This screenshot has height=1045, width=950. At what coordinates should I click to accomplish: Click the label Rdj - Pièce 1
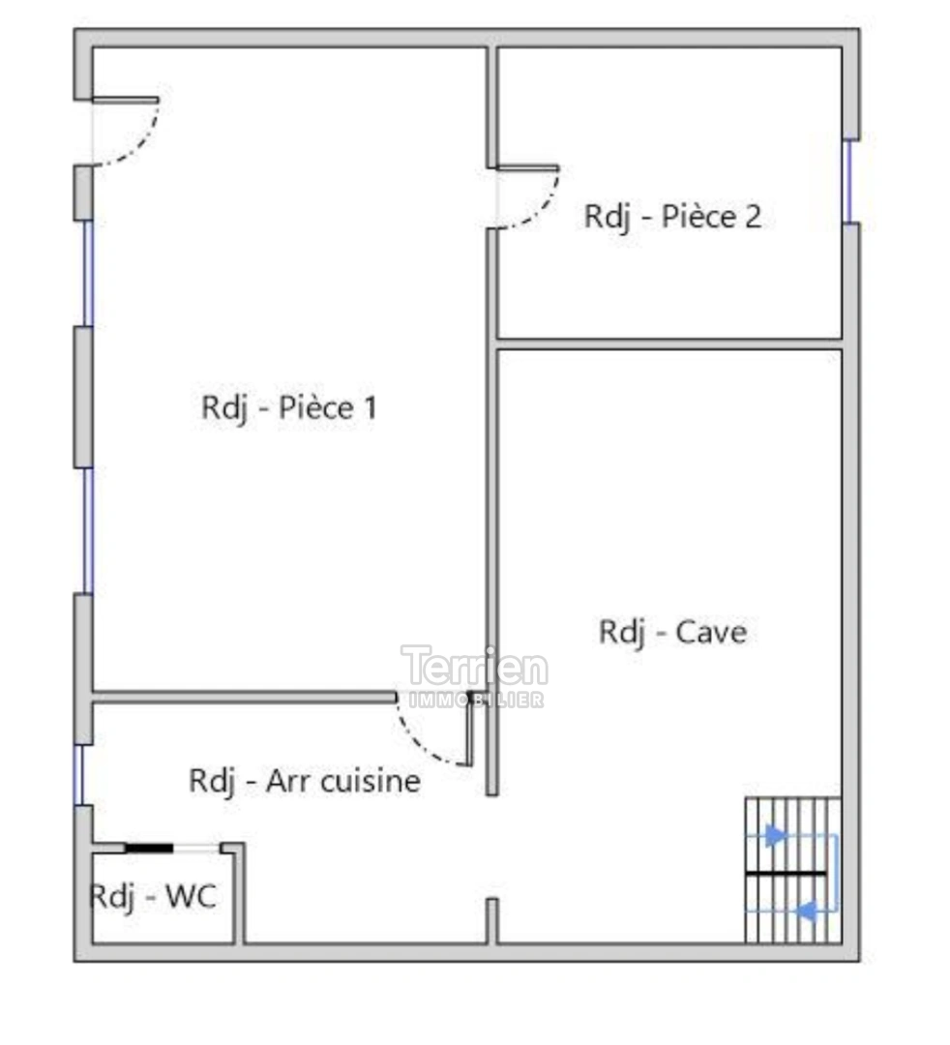click(x=288, y=407)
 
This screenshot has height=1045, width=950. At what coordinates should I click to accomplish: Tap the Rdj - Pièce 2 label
click(x=672, y=216)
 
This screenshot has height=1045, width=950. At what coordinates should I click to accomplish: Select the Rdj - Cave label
click(x=672, y=632)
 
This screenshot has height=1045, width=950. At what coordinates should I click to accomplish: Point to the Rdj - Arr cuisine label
click(x=305, y=780)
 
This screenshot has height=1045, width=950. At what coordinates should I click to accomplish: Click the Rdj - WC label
click(x=152, y=896)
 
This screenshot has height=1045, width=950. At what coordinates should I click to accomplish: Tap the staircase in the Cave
click(x=791, y=870)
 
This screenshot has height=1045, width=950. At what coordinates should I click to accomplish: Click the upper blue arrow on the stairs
click(x=775, y=834)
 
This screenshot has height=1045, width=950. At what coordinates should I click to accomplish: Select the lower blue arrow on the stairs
click(x=804, y=910)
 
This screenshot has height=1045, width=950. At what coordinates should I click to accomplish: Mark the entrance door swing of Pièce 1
click(x=131, y=135)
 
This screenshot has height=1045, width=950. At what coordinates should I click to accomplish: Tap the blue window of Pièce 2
click(x=849, y=182)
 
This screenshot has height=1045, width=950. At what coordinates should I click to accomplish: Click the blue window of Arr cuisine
click(x=78, y=774)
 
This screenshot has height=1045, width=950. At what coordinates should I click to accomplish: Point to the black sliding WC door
click(x=149, y=848)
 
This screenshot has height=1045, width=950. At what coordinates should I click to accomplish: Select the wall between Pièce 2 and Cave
click(x=669, y=343)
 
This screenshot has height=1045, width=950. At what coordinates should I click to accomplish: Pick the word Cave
click(x=711, y=632)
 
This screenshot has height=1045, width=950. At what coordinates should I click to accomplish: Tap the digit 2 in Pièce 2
click(x=751, y=216)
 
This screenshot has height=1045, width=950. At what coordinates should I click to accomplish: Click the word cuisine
click(x=370, y=780)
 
